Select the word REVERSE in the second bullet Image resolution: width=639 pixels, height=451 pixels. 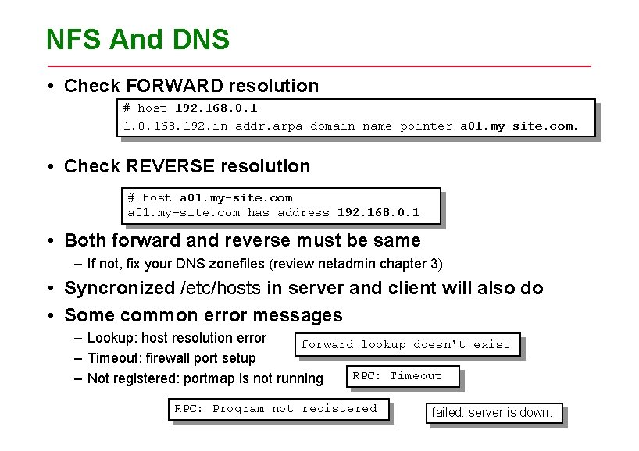point(161,166)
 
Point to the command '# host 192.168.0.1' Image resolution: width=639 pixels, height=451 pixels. point(190,108)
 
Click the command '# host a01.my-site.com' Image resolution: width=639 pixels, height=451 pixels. point(210,197)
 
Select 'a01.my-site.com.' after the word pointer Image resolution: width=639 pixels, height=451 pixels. point(519,126)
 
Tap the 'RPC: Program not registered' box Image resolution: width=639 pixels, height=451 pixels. point(275,408)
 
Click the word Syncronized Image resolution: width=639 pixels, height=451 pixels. point(120,288)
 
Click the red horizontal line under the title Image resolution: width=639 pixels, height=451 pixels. point(319,66)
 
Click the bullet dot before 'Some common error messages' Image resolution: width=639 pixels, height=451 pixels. point(49,315)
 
